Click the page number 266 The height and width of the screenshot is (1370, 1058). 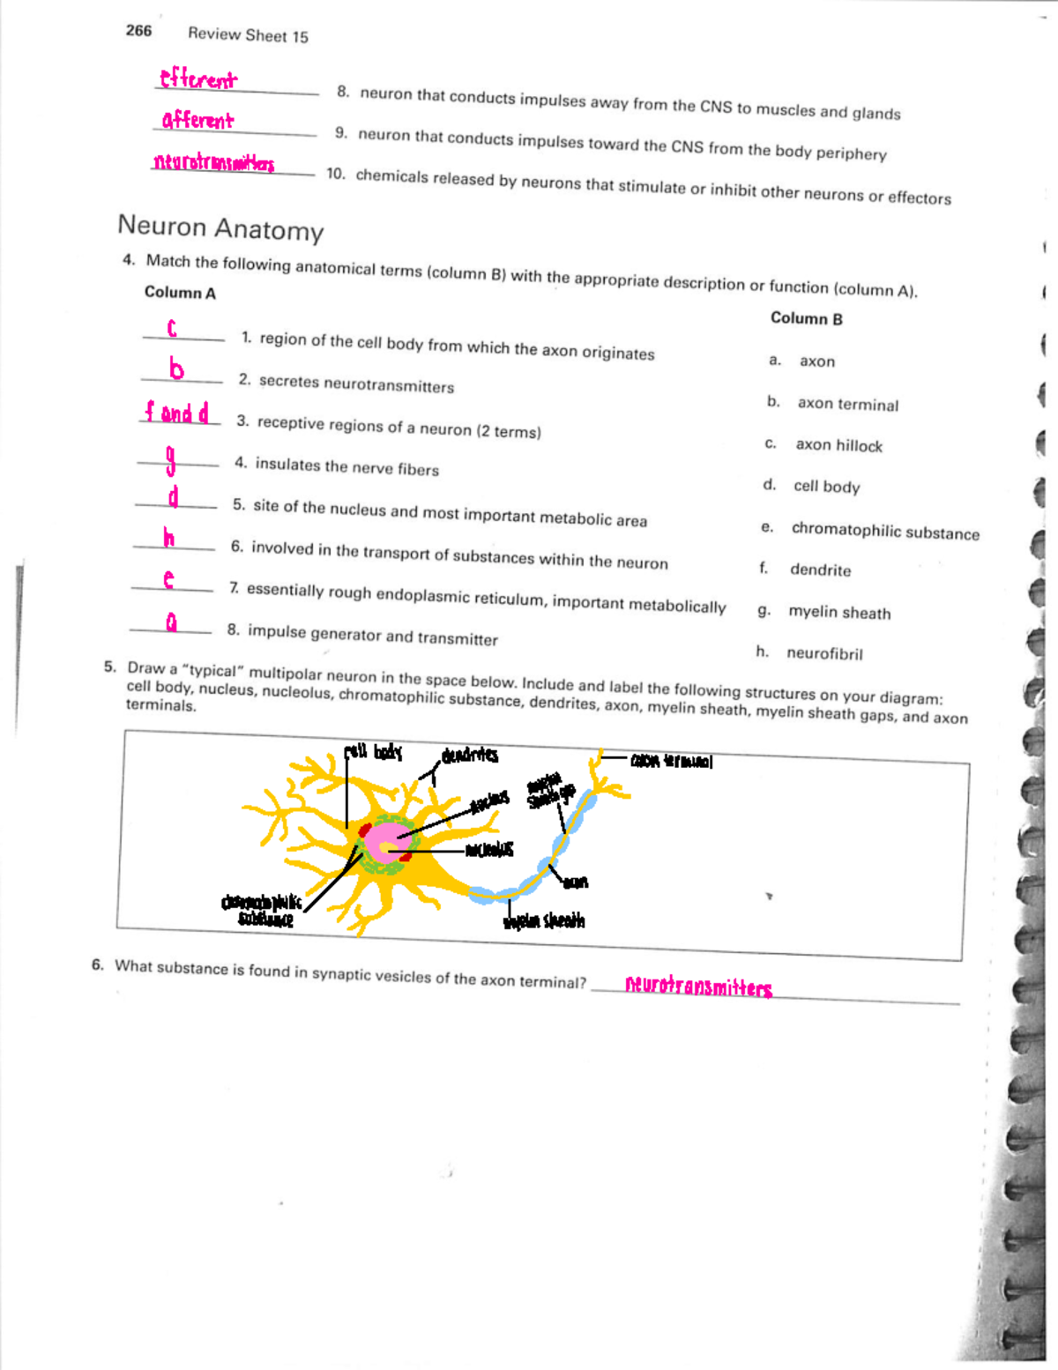[x=138, y=31]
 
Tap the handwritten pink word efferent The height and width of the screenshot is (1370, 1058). [x=197, y=79]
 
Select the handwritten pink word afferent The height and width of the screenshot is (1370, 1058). [x=197, y=120]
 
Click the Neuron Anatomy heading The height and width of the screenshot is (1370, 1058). [x=220, y=227]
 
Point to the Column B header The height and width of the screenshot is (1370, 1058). [x=806, y=318]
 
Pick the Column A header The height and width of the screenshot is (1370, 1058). [x=180, y=293]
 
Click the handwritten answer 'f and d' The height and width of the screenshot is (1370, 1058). [x=177, y=413]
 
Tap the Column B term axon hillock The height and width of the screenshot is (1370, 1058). [x=838, y=445]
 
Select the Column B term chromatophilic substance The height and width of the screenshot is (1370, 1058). [x=884, y=531]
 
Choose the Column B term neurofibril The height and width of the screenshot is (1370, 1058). [x=824, y=653]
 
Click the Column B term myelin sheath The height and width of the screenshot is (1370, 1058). [x=838, y=612]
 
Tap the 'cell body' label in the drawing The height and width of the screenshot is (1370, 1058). [x=373, y=752]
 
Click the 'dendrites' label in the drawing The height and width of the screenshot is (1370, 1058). [x=470, y=756]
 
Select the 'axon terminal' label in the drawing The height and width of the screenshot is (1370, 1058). [x=671, y=761]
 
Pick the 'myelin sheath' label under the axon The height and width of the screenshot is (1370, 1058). [x=544, y=921]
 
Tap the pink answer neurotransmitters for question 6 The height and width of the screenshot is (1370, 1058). [x=698, y=986]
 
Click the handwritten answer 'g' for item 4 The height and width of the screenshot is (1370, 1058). [x=171, y=458]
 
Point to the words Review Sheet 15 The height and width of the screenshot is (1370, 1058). [x=248, y=35]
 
